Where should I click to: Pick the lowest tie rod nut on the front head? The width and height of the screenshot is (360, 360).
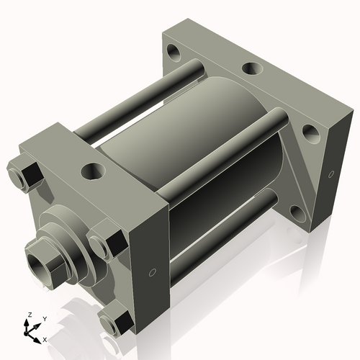click(115, 320)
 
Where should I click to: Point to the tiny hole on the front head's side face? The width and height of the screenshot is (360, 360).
click(152, 272)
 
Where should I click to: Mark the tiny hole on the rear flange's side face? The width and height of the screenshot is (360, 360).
click(330, 174)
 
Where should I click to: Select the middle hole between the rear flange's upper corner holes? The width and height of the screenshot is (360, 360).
click(251, 69)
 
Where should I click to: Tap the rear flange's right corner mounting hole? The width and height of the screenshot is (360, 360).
click(310, 132)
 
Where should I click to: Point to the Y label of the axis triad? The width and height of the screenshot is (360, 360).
click(44, 318)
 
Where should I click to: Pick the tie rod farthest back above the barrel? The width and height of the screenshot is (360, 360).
click(144, 101)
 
